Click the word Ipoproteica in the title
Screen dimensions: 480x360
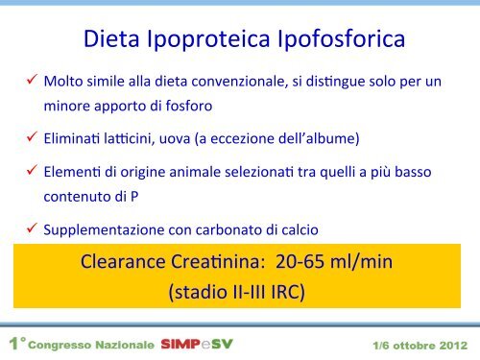tap(208, 39)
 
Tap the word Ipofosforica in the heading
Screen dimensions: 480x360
tap(341, 39)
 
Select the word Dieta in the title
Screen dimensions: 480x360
tap(111, 38)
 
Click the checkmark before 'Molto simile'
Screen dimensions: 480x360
tap(32, 79)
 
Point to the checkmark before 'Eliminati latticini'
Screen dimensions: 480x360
tap(32, 136)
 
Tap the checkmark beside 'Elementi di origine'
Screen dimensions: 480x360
tap(32, 170)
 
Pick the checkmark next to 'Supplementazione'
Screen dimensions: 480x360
tap(32, 228)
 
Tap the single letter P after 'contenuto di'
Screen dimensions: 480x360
tap(134, 197)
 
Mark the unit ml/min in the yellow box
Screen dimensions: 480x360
tap(361, 262)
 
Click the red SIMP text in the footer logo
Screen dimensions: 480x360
tap(180, 345)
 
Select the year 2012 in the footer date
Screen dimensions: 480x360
tap(453, 346)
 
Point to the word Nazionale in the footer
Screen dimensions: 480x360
tap(125, 345)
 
